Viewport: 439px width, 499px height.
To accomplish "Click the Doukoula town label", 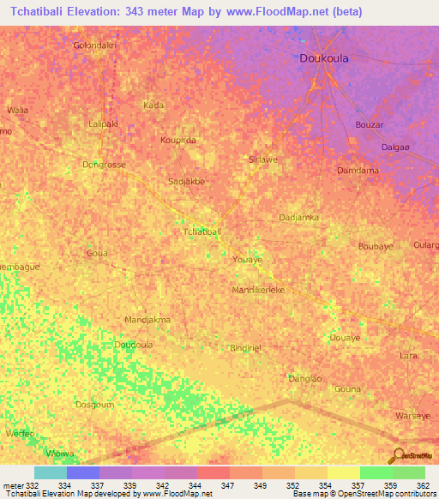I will pos(324,58).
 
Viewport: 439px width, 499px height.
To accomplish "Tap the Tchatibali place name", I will pos(202,232).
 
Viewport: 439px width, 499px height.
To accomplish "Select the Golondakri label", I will pos(94,45).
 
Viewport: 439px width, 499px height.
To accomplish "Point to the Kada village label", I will pos(153,105).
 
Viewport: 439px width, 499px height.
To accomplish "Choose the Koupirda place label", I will pos(178,140).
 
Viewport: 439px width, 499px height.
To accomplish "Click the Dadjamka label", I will pos(299,218).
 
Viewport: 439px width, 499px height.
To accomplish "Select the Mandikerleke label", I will pos(258,291).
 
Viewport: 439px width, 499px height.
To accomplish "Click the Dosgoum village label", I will pos(94,405).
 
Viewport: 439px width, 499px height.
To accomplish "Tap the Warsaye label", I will pos(411,417).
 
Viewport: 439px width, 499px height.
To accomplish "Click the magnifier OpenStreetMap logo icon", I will pos(398,455).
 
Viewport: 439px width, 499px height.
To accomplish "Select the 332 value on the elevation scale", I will pos(32,485).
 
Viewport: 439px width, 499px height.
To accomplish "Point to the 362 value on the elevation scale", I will pos(422,485).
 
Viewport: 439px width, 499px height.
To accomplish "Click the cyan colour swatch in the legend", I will pos(50,472).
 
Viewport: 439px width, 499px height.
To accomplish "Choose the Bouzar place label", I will pos(369,125).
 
